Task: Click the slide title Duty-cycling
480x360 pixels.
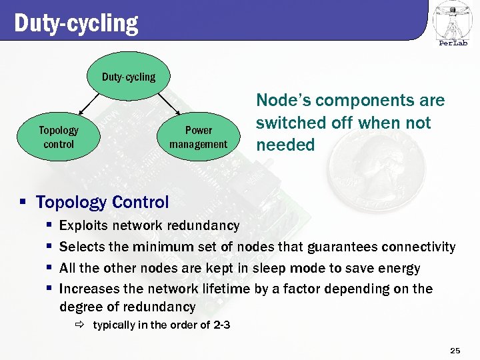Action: [x=76, y=23]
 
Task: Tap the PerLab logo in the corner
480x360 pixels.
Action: [x=453, y=24]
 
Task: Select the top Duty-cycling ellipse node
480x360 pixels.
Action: [x=129, y=77]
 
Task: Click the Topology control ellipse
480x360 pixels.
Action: [x=59, y=137]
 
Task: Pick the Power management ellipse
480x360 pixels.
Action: [x=198, y=137]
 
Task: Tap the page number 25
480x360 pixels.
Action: [x=455, y=350]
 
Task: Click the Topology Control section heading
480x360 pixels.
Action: [x=102, y=202]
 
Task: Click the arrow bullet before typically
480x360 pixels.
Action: [x=79, y=325]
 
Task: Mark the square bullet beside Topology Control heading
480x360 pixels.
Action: [x=23, y=202]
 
